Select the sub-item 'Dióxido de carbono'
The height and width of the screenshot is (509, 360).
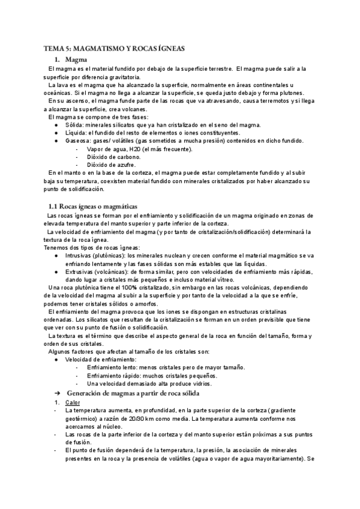tap(114, 157)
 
